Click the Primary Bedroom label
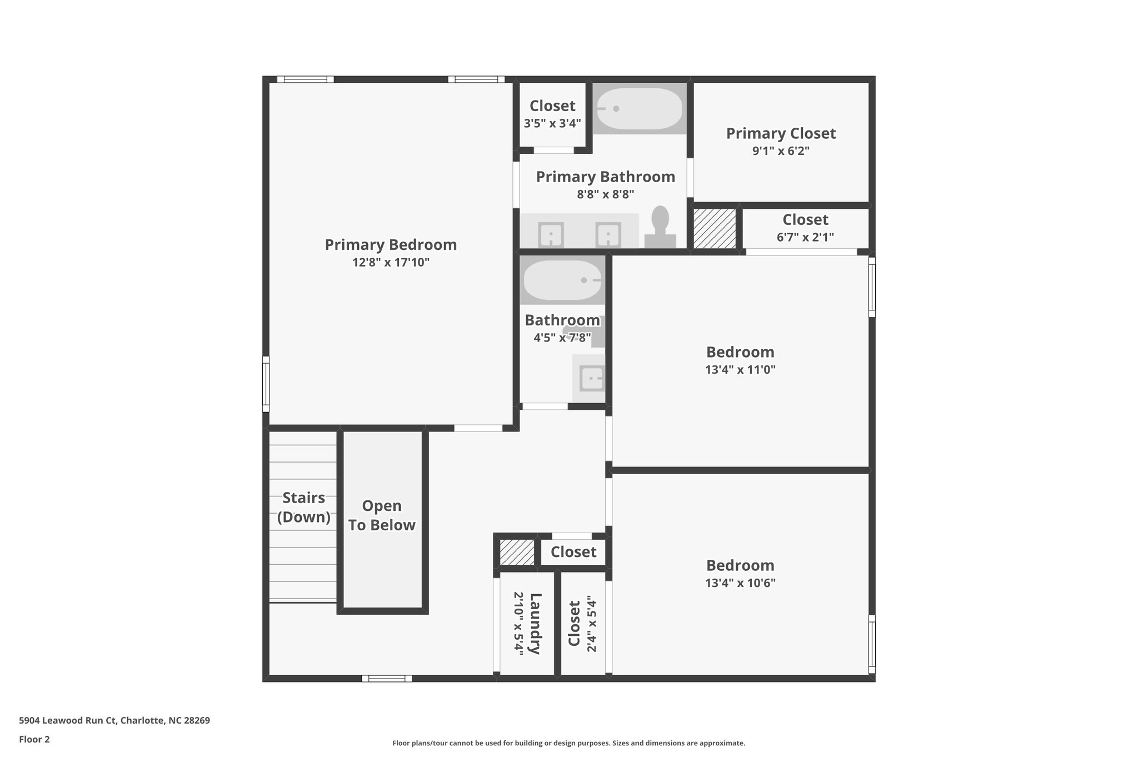391,245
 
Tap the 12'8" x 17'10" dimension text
391,262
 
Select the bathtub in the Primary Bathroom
639,109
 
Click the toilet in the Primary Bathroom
660,227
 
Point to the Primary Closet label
781,133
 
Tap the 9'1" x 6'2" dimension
781,151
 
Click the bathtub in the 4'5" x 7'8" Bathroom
562,280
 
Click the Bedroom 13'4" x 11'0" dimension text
740,369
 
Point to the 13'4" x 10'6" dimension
740,583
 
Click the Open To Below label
382,515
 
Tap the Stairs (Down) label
303,507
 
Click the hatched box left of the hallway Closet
517,553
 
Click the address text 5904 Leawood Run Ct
68,721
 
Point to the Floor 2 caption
34,739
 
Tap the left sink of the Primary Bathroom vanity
551,235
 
